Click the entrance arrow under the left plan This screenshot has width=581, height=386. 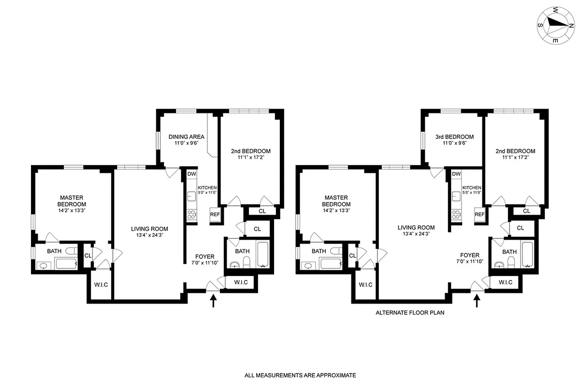212,302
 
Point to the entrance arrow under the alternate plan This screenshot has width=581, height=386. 477,302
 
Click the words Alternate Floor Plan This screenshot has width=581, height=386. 410,313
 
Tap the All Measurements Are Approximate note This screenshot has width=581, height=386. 300,375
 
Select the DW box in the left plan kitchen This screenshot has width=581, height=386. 191,174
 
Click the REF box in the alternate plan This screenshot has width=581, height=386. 479,215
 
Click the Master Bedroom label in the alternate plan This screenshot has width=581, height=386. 336,201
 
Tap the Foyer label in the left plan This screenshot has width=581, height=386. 204,256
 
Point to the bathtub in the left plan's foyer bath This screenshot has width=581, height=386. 263,254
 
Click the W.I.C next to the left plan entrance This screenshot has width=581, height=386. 240,282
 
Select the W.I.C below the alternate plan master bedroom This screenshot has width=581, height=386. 365,285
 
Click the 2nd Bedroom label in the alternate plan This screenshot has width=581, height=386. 515,151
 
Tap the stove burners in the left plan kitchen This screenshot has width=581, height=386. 191,215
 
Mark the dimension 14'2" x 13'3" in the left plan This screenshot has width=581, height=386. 72,210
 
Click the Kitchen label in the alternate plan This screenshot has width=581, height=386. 471,188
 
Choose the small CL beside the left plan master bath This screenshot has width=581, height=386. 88,256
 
